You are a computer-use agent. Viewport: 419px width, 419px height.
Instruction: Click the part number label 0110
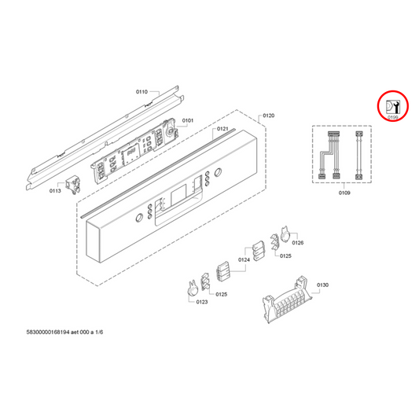[x=142, y=92]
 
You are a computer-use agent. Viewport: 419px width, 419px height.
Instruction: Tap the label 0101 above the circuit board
[x=187, y=120]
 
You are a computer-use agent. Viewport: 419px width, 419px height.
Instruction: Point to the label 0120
[x=268, y=116]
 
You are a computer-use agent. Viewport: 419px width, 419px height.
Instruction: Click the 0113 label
[x=55, y=190]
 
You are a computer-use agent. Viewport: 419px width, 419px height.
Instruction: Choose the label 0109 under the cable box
[x=344, y=191]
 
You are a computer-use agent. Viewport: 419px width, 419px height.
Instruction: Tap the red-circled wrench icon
[x=393, y=107]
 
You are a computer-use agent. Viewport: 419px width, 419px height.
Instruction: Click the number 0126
[x=298, y=243]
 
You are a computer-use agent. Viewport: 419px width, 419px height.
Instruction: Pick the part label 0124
[x=244, y=259]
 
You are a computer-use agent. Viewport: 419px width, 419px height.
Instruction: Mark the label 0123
[x=201, y=301]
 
